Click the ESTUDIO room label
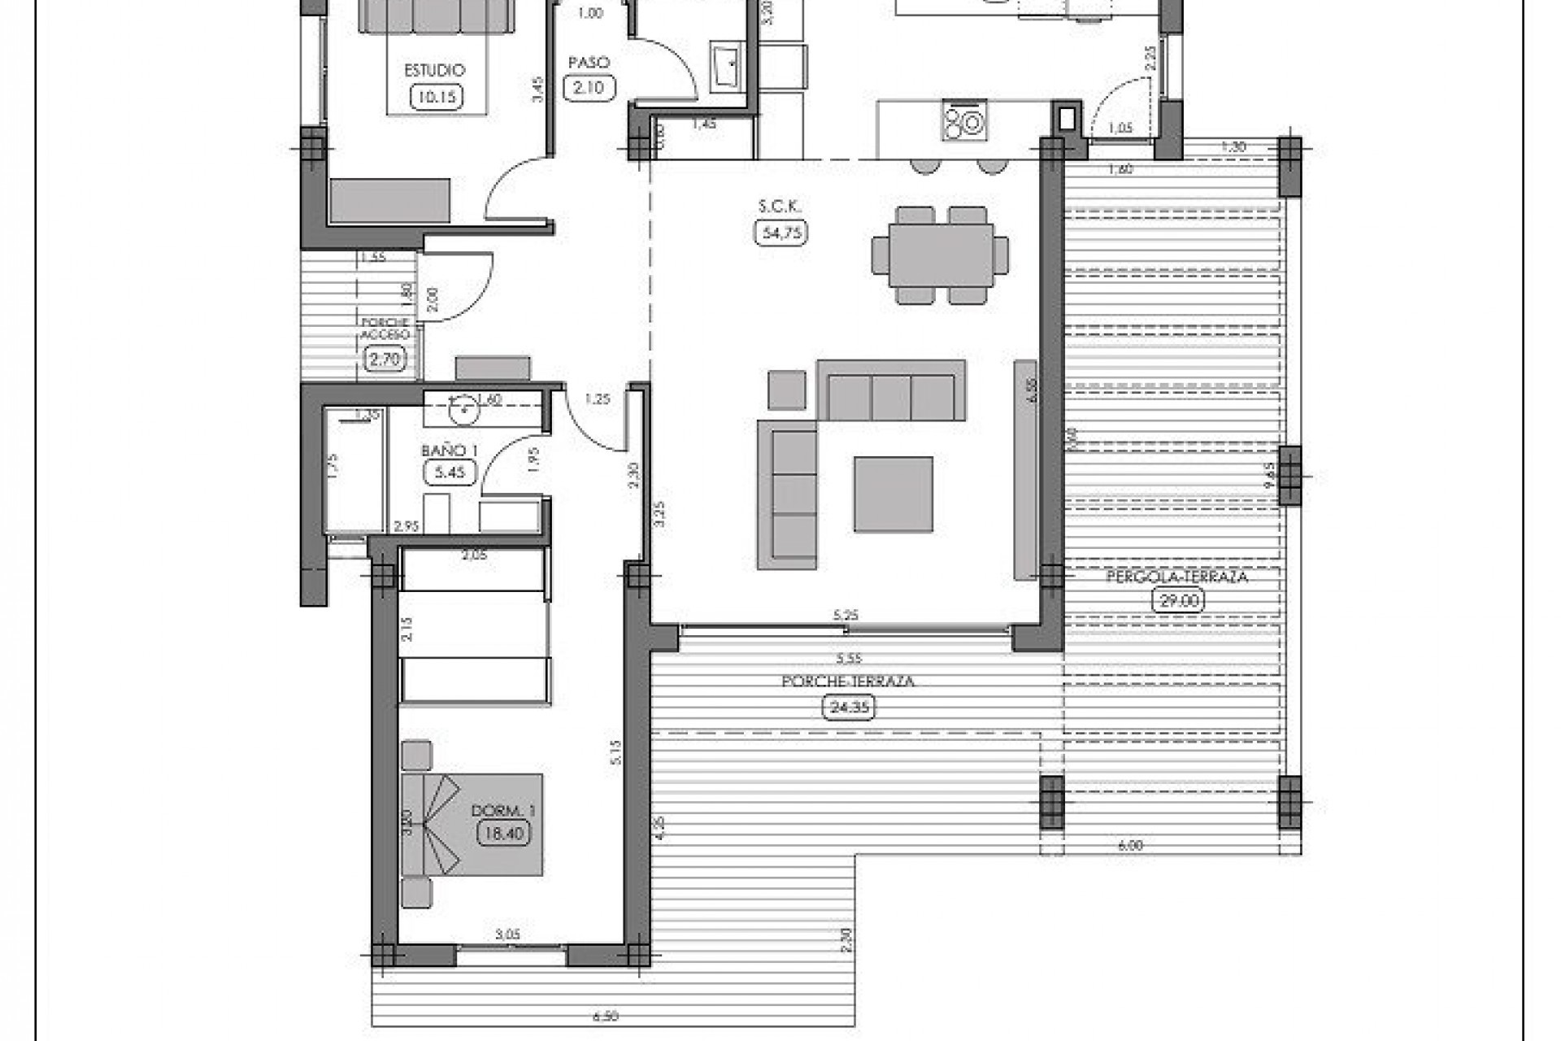click(435, 72)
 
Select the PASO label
click(589, 63)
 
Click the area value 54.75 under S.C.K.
click(781, 233)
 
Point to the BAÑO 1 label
click(449, 451)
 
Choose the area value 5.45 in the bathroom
click(449, 472)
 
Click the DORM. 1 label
click(503, 811)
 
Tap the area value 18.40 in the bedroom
click(504, 833)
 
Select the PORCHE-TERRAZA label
click(848, 682)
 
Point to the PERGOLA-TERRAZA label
click(1176, 577)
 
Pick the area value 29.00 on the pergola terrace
click(1178, 601)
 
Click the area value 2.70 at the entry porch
click(384, 359)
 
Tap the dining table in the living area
click(941, 255)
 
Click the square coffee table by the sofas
click(893, 494)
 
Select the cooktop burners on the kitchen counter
click(965, 123)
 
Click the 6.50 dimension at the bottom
click(606, 1016)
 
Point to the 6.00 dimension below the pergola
click(1130, 845)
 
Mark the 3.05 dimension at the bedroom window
click(507, 935)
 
